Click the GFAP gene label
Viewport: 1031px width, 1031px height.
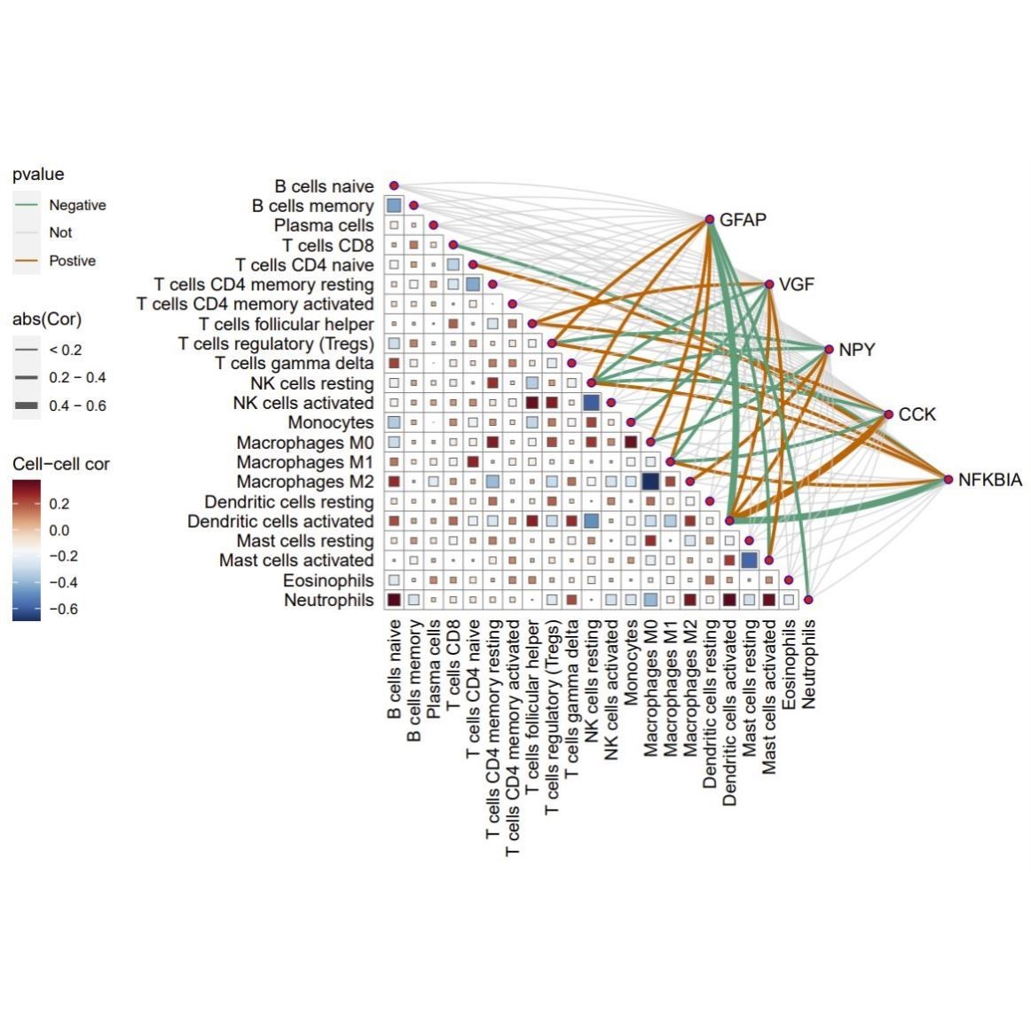(x=743, y=220)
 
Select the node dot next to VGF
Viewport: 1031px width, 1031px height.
(x=770, y=285)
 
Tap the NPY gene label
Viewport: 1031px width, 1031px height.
(x=856, y=350)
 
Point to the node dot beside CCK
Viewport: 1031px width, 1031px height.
(x=889, y=414)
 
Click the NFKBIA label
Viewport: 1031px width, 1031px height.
(x=989, y=480)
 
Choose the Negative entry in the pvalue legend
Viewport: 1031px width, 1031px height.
(x=77, y=205)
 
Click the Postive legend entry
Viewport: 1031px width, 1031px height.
(x=72, y=261)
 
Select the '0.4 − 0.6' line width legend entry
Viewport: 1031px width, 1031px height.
(x=77, y=405)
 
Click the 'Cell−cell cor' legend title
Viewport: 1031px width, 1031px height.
(x=61, y=464)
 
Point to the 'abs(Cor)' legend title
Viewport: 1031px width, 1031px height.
(x=47, y=319)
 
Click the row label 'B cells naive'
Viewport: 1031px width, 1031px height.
(x=324, y=186)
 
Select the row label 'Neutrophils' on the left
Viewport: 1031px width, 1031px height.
(x=328, y=601)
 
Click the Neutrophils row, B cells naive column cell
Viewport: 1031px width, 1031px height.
(x=394, y=600)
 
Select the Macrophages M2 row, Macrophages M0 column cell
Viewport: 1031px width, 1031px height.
(x=650, y=482)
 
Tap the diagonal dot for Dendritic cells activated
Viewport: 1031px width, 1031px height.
(x=729, y=521)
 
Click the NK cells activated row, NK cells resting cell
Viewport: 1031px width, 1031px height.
(x=592, y=403)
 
